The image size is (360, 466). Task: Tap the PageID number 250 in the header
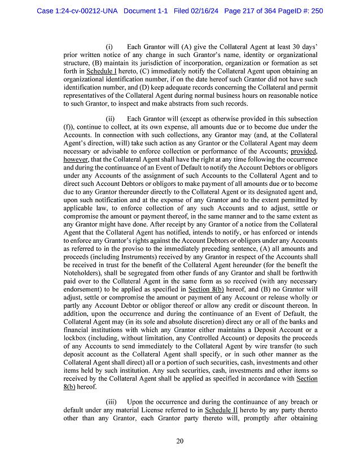pos(316,11)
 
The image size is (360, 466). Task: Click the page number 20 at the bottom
pos(179,441)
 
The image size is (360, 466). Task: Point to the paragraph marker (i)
pos(109,46)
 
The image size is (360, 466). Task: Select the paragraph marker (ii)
pos(111,119)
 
